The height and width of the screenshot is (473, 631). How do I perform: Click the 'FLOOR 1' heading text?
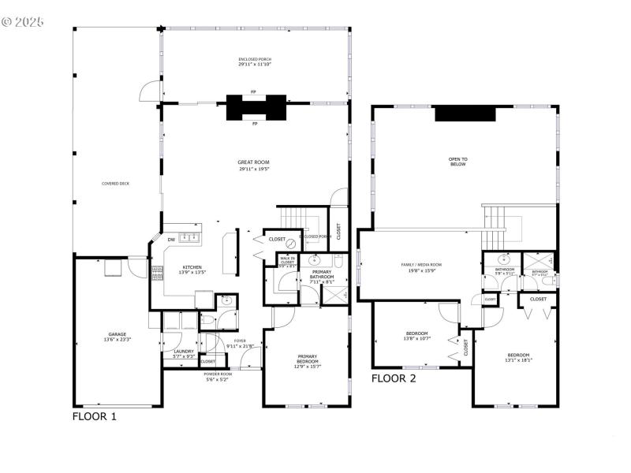(95, 416)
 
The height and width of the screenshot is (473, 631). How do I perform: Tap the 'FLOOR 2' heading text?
(394, 378)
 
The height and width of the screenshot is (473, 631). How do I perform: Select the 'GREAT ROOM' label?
(254, 162)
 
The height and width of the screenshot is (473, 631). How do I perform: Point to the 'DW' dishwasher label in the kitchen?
(170, 240)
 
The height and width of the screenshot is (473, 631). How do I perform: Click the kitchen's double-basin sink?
(189, 237)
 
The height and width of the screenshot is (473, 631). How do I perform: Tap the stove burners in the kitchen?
(156, 273)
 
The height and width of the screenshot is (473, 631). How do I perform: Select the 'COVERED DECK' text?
(115, 184)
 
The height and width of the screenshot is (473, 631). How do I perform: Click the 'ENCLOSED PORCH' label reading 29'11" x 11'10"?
(254, 60)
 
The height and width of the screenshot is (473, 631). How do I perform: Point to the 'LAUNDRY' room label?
(184, 352)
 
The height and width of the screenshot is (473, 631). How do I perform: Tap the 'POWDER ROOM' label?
(217, 374)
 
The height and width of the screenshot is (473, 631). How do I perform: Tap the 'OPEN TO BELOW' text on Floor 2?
(458, 161)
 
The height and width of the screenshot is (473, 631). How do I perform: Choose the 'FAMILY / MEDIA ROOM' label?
(422, 265)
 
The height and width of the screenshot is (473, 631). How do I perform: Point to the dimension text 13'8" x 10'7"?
(416, 338)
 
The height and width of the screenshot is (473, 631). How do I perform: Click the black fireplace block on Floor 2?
(465, 114)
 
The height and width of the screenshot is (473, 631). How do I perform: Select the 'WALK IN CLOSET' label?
(287, 260)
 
